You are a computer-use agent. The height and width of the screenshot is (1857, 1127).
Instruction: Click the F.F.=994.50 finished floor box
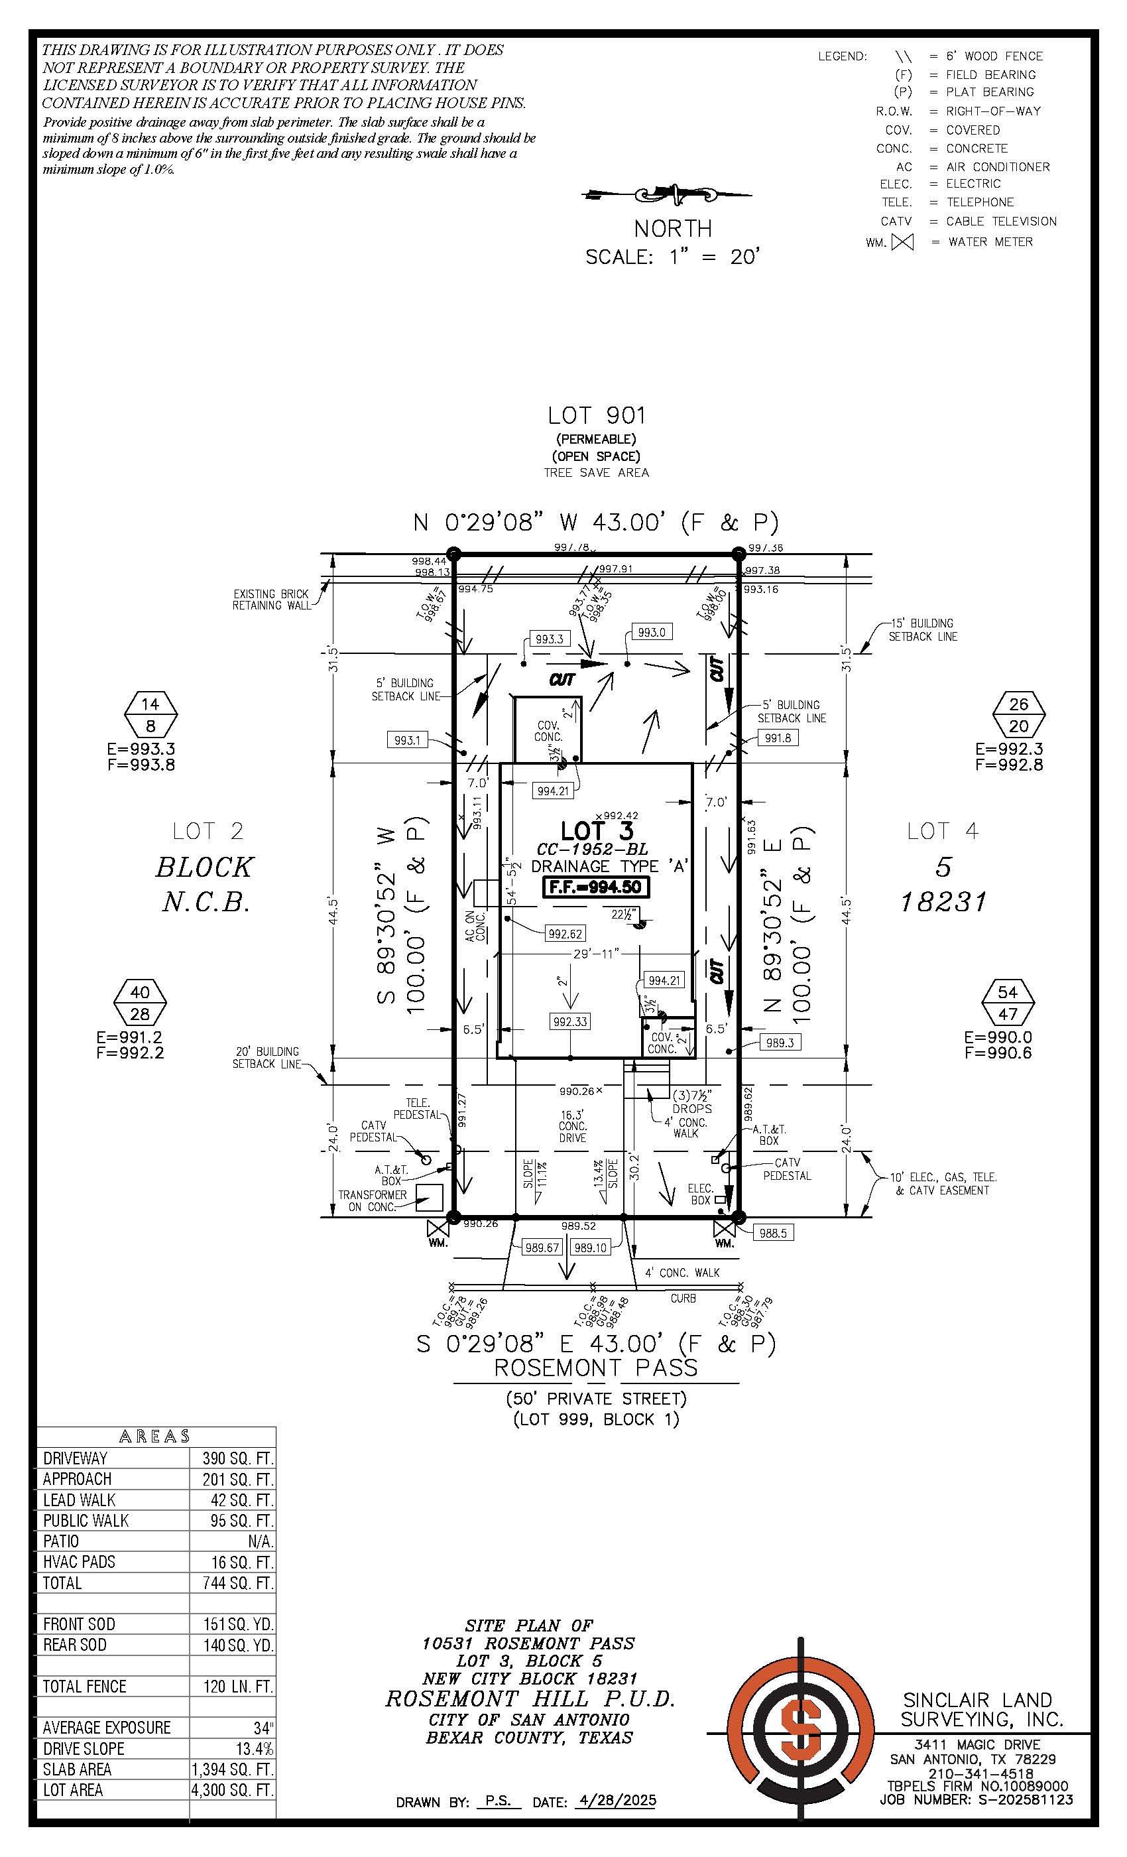pos(595,887)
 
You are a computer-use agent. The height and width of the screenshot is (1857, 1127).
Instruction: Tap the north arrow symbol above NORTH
pos(668,195)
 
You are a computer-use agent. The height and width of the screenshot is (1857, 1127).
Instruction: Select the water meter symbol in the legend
pos(902,242)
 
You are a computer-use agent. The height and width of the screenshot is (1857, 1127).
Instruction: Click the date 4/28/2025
pos(615,1801)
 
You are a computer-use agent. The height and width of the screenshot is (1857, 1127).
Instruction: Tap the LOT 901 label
pos(596,415)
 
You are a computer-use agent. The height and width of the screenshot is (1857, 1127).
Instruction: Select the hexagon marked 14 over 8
pos(150,714)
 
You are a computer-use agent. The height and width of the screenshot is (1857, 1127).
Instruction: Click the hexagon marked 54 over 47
pos(1008,1002)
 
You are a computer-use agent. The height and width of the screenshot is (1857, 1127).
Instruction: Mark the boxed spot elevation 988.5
pos(773,1233)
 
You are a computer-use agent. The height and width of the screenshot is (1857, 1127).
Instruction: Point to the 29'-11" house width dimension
pos(596,954)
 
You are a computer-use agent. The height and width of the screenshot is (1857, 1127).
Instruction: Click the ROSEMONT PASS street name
pos(595,1368)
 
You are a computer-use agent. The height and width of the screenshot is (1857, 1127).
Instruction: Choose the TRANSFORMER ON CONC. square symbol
pos(430,1197)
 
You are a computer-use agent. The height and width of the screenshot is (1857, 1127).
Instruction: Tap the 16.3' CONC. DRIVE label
pos(573,1126)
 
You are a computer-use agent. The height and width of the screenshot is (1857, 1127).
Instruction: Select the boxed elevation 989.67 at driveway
pos(542,1248)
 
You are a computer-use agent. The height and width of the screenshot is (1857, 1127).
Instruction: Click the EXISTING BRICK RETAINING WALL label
pos(270,600)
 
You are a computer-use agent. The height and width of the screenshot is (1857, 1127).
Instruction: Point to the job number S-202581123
pos(1026,1800)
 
